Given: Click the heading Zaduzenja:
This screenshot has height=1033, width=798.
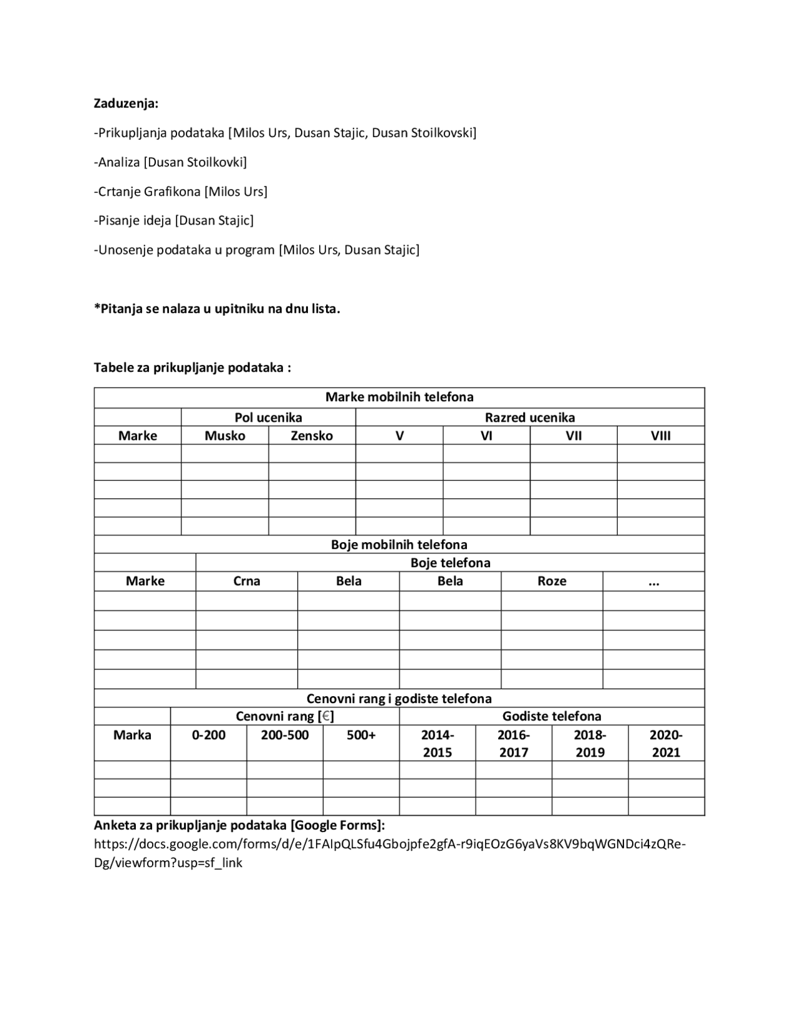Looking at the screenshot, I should pos(126,104).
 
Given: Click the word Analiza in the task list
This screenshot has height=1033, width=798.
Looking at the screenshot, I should pos(119,162).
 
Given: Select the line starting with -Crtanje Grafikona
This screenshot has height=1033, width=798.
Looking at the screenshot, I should pos(181,192).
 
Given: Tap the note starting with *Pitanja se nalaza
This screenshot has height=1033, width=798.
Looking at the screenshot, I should pos(217,309).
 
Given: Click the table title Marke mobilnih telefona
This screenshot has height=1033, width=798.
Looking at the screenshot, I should pos(399,397).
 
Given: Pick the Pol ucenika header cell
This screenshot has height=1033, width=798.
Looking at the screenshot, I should pos(268,417).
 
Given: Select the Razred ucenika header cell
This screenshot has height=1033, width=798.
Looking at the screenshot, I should pos(530,417).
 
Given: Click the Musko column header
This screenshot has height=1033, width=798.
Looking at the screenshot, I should pos(225,435).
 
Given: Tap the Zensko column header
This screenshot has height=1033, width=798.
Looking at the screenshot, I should pos(312,435).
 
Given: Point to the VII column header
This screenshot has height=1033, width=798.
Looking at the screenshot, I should pos(574,435).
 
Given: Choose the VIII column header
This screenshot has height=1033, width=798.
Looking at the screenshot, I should pos(661,435).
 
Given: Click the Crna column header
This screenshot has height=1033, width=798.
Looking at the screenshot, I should pos(247,581).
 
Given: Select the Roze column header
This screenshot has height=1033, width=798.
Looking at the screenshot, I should pos(552,581).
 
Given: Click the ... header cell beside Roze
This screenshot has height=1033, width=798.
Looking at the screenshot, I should pos(653,581).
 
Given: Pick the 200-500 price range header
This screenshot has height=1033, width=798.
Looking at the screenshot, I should pos(285,735).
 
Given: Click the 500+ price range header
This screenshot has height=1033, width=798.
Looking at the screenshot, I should pos(361,735).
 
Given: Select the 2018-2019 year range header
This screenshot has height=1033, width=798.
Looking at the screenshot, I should pos(590,743).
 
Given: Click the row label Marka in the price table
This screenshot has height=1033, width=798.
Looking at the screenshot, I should pos(132,735).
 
